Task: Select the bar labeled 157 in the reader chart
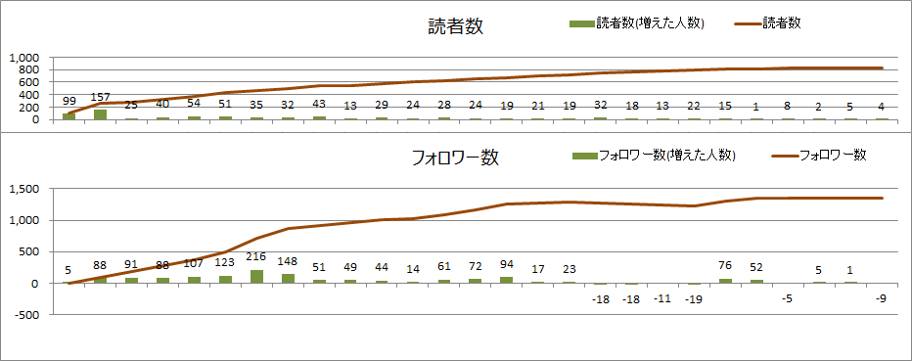(100, 114)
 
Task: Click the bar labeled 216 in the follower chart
(256, 276)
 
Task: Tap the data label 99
(68, 101)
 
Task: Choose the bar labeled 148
(288, 278)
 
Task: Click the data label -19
(694, 298)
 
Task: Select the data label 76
(725, 264)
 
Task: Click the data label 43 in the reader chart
(319, 104)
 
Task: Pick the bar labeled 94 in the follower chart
(506, 280)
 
